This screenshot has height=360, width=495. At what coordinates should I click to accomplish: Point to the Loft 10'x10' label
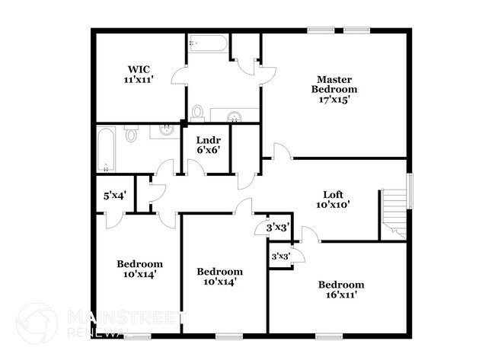point(332,199)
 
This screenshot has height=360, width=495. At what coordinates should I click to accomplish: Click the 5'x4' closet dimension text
point(113,195)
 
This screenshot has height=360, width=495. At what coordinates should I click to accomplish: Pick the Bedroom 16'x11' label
point(340,289)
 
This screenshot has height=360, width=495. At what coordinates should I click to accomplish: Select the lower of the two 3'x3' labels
point(281,256)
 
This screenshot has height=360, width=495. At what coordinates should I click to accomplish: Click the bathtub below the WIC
point(107,149)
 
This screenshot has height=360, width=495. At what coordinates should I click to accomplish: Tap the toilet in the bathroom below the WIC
point(131,135)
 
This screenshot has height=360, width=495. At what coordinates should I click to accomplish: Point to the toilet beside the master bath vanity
point(198,114)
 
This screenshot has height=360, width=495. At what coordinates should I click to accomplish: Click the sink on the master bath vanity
point(235,116)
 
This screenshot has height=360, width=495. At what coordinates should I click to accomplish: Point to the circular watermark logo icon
point(37,323)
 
